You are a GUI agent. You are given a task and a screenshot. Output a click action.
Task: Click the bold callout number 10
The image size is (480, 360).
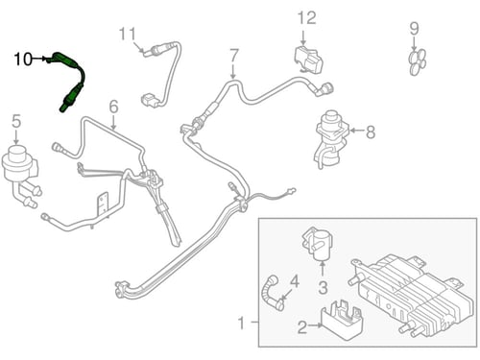(x=23, y=60)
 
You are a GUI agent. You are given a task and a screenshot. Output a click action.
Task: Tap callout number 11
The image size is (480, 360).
(x=128, y=35)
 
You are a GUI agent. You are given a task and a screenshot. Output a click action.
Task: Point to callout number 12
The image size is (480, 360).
(x=307, y=18)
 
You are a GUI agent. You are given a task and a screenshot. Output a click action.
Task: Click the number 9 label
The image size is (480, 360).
(x=414, y=29)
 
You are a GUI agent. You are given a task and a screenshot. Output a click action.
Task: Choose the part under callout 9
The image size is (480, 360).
(x=418, y=61)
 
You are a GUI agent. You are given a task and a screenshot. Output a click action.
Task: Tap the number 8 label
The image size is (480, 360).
(x=371, y=132)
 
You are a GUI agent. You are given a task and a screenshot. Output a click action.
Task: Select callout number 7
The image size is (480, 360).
(x=234, y=56)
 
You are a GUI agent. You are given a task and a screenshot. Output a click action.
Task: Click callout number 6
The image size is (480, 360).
(x=113, y=107)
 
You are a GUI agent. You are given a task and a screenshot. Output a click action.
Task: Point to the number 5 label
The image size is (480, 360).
(x=16, y=122)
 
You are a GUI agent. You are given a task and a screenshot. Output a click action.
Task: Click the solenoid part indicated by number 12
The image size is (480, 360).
(x=308, y=60)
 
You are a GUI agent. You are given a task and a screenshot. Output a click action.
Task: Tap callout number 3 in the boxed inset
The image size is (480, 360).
(x=323, y=287)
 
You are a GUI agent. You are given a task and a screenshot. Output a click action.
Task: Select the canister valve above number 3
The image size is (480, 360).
(x=318, y=244)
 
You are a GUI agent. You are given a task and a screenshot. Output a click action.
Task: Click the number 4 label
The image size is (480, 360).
(x=295, y=281)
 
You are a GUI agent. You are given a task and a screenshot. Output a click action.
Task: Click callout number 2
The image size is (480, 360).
(x=302, y=326)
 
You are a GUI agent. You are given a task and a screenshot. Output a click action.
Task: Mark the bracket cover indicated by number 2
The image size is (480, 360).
(x=342, y=320)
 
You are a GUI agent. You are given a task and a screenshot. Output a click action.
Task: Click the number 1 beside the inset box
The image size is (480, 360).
(x=241, y=323)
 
